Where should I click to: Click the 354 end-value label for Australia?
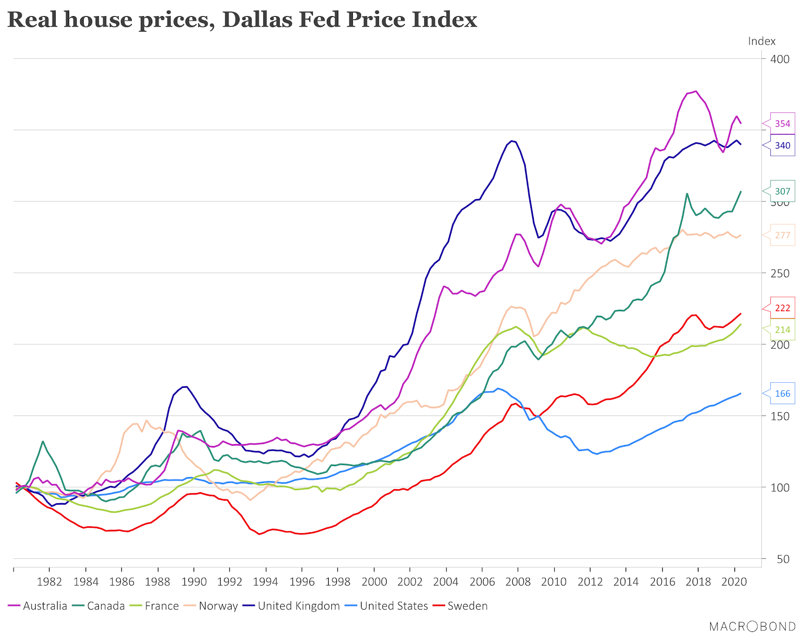click(782, 124)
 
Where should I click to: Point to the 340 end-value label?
click(782, 145)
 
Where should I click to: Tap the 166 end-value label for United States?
click(782, 393)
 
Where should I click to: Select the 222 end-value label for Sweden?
click(782, 308)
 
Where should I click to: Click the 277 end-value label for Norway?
click(782, 235)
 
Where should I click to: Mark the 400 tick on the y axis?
click(779, 59)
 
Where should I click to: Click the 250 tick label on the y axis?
click(779, 273)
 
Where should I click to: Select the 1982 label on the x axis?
click(49, 582)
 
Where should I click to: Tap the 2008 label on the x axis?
click(518, 582)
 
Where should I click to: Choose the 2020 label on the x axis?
click(734, 582)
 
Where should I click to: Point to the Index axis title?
click(761, 41)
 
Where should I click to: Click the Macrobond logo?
click(752, 626)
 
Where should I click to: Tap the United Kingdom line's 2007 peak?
click(511, 141)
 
